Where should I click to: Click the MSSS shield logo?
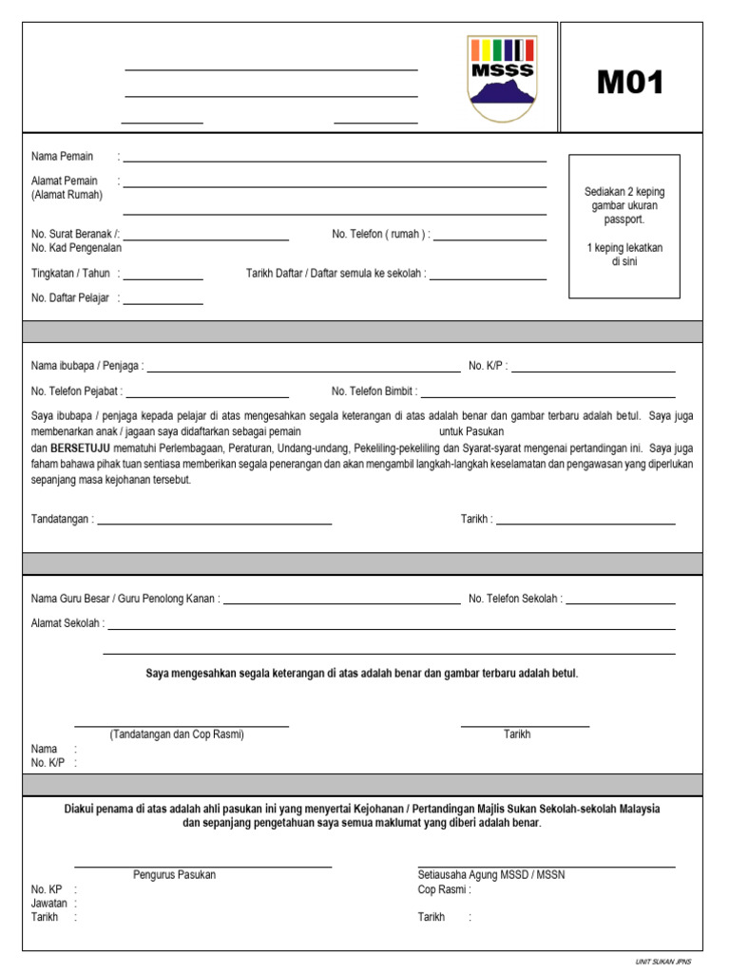coord(501,79)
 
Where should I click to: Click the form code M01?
coord(630,84)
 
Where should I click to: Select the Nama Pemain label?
coord(63,156)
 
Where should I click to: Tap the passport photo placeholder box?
coord(624,226)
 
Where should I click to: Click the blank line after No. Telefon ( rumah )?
coord(490,239)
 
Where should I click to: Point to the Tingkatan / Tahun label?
coord(70,274)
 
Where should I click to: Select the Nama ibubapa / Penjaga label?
coord(86,366)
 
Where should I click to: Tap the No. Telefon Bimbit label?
coord(374,391)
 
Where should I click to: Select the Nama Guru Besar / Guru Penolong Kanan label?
coord(125,600)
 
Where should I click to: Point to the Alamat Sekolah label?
coord(67,624)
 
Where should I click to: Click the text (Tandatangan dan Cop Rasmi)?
coord(177,735)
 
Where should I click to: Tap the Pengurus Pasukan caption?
coord(174,875)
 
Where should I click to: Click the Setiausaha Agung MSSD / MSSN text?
coord(490,875)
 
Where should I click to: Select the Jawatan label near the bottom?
coord(50,904)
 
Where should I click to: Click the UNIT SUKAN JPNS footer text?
coord(663,962)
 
